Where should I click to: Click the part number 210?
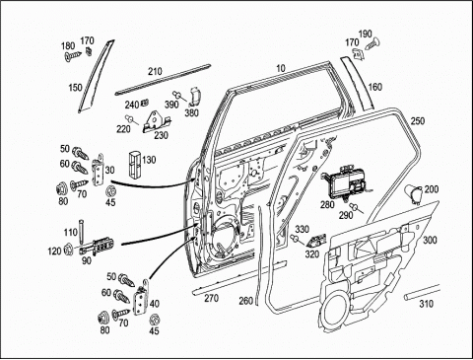coord(155,71)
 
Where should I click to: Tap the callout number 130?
coord(149,160)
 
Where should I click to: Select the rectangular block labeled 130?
coord(134,164)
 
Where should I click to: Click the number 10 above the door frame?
coord(281,68)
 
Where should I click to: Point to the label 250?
coord(418,121)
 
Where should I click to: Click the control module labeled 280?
coord(345,182)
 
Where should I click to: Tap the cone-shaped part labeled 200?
coord(414,194)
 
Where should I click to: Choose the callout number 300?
coord(430,240)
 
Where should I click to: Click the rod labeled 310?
coord(422,292)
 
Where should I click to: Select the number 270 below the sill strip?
coord(211,298)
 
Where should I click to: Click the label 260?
coord(246,301)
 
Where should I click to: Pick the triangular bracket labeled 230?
coord(156,122)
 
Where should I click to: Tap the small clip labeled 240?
coord(144,103)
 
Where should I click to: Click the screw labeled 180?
coord(73,55)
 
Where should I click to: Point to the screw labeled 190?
coord(372,44)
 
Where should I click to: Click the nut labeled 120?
coord(68,249)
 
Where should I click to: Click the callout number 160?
coord(374,87)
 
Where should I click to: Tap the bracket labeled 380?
coord(195,96)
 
